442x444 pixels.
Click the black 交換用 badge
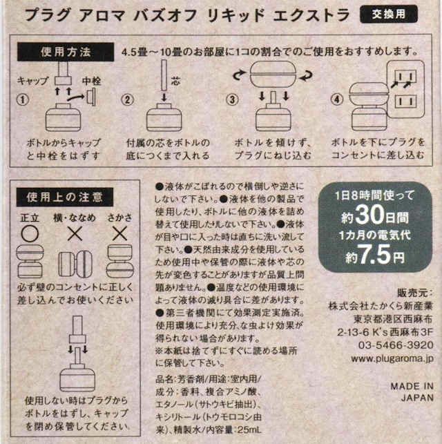(389, 15)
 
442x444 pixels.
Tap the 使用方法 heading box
(66, 52)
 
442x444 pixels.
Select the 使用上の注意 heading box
(65, 197)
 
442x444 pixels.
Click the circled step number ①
(23, 99)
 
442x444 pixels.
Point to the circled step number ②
(127, 99)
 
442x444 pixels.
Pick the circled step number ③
(232, 99)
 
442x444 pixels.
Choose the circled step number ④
(337, 99)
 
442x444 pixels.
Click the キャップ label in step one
(33, 81)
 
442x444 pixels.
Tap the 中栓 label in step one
(91, 81)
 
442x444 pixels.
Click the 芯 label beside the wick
(175, 81)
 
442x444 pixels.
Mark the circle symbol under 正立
(30, 234)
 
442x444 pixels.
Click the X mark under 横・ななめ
(75, 234)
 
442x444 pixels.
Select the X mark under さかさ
(119, 234)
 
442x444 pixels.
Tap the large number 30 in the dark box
(369, 215)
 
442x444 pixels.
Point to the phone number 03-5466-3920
(396, 345)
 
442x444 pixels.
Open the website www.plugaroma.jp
(392, 359)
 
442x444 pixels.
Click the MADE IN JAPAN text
(412, 392)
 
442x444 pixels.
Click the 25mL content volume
(249, 429)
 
